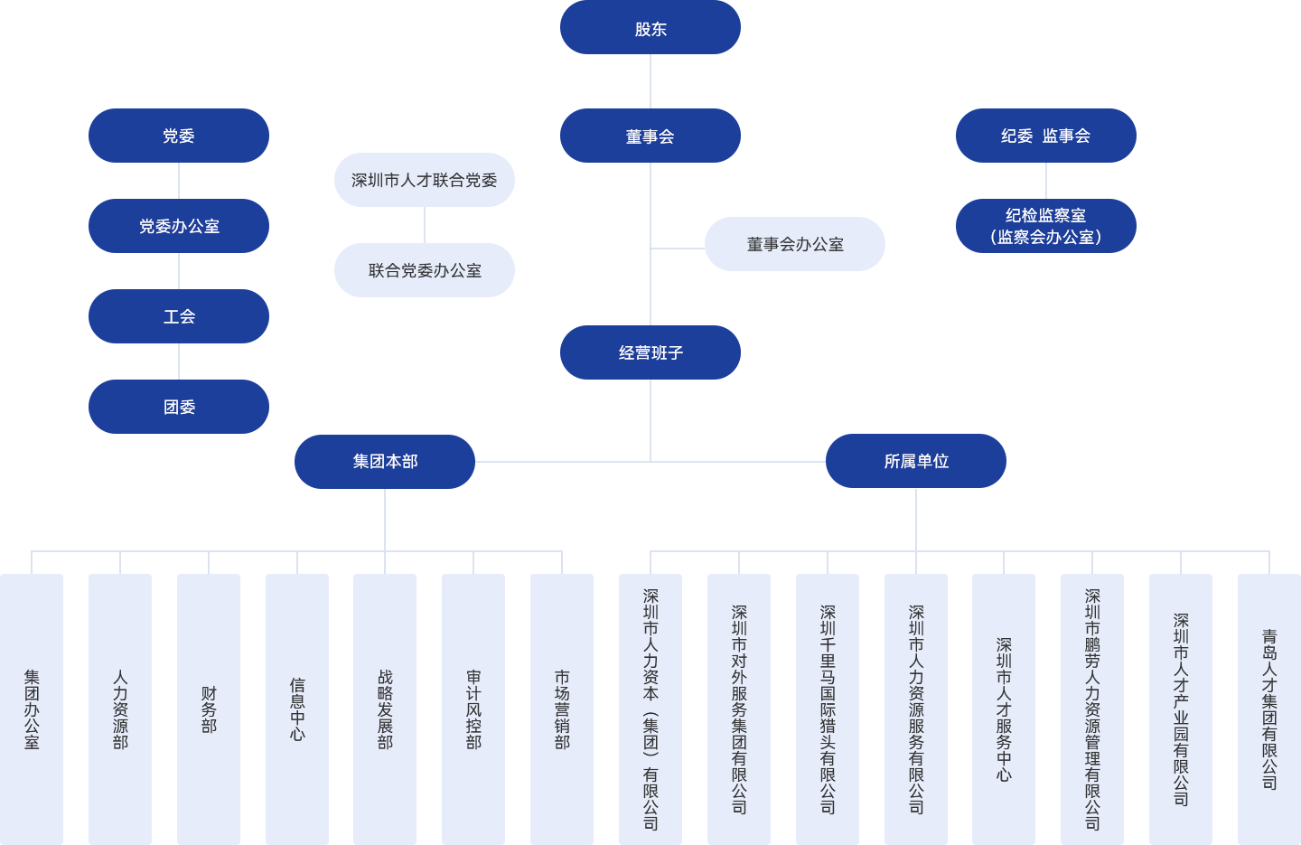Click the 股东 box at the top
click(650, 28)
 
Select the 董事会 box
click(650, 136)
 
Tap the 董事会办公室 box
click(794, 244)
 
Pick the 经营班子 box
click(650, 352)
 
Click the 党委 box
click(178, 136)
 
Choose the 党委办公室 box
click(178, 226)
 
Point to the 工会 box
click(178, 316)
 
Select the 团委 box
click(178, 407)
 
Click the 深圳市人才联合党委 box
click(424, 180)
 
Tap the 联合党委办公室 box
click(424, 270)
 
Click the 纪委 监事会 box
click(1045, 136)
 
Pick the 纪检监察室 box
click(1045, 226)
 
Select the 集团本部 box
click(384, 461)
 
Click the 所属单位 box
click(915, 461)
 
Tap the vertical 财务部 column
click(209, 709)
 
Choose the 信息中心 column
click(297, 709)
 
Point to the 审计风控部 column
click(473, 709)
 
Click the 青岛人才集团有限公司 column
click(1268, 709)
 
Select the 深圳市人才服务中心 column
click(1003, 709)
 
